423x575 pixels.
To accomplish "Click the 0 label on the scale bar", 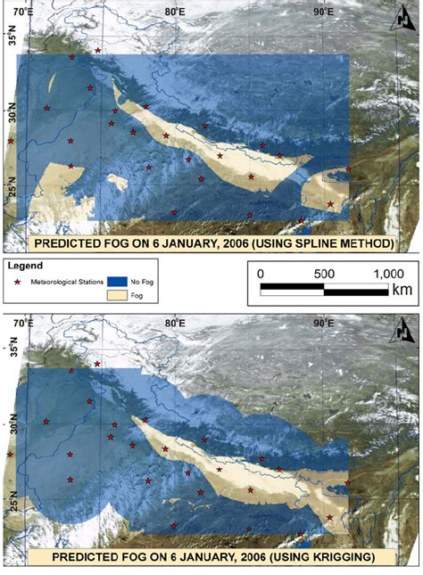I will [x=260, y=274].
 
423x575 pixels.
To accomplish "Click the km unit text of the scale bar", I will [x=403, y=291].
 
